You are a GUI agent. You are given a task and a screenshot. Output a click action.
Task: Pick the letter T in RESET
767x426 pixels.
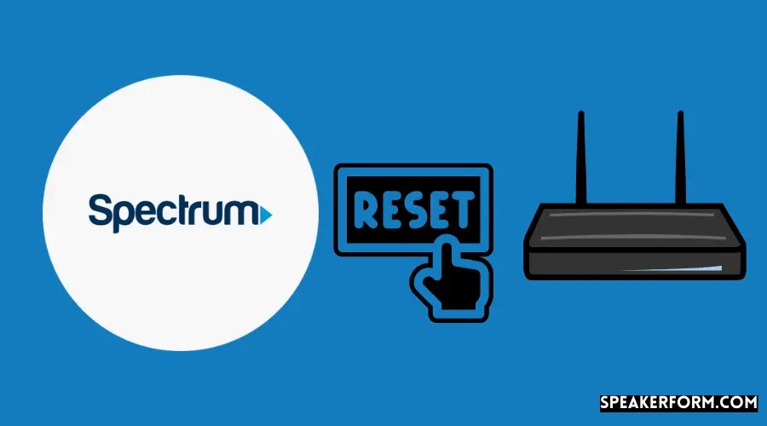465,210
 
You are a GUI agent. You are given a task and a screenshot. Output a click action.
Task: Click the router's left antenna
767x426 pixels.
580,158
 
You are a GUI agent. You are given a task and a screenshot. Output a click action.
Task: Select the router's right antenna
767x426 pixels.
681,158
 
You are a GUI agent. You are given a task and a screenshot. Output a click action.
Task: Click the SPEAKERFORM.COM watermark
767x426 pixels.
678,401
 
